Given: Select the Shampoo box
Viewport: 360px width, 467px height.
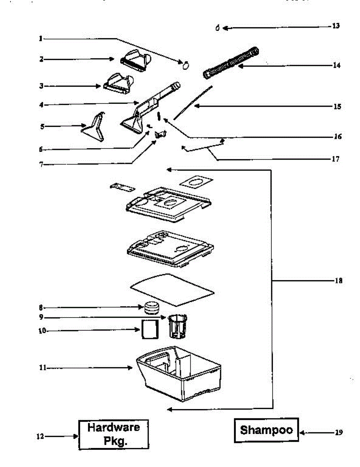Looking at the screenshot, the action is coord(266,430).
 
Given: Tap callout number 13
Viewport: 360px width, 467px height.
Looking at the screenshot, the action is coord(336,26).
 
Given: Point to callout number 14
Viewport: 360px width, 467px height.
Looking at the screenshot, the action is coord(337,65).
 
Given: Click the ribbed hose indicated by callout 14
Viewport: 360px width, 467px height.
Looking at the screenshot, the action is coord(231,63).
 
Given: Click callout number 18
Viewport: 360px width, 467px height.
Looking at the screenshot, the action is coord(339,281).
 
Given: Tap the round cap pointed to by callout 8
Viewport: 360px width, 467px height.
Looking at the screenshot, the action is coord(152,308).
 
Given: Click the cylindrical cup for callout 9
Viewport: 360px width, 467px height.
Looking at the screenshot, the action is coord(177,326).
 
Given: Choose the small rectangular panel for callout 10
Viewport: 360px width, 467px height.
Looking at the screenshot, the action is coord(150,329).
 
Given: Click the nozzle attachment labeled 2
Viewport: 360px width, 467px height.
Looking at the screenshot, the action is coord(135,60).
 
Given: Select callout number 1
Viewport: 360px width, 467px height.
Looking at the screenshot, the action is coord(40,39).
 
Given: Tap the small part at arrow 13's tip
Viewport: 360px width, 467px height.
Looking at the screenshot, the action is coord(218,28).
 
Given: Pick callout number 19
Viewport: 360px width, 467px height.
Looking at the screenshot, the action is coord(339,432).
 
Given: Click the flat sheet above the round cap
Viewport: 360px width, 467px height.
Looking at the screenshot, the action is coord(172,290).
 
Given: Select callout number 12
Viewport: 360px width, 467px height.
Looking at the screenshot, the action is coord(40,436).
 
